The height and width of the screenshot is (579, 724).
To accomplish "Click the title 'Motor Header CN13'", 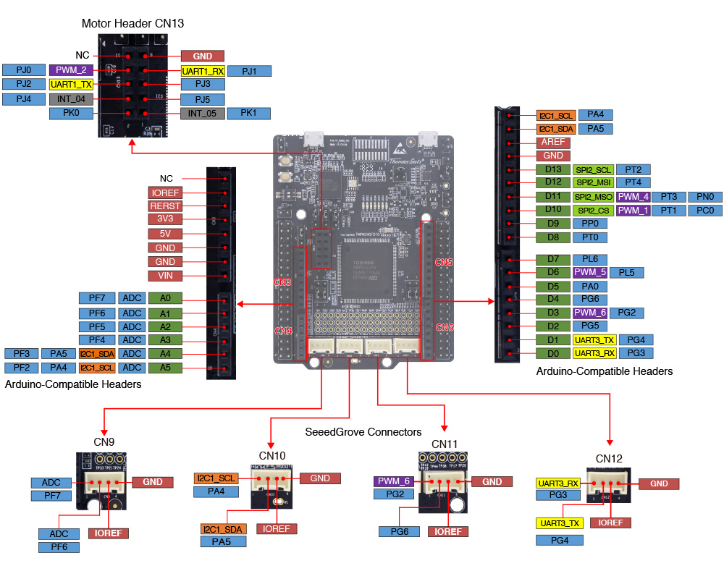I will point(132,23).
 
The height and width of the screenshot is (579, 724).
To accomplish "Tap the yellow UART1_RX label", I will point(203,71).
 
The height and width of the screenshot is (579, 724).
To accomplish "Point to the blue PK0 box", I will point(71,114).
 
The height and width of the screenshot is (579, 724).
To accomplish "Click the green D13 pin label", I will point(553,169).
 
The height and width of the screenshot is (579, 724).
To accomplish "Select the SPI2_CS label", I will point(592,210).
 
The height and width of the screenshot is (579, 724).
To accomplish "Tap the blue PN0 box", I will point(704,197).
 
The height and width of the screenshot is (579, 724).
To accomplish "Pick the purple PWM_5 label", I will point(589,272).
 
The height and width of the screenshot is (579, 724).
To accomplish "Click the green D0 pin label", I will point(553,353).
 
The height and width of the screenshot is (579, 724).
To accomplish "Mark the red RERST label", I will point(166,206).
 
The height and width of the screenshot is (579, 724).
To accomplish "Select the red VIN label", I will point(166,276).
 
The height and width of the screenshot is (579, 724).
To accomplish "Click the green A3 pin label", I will point(165,339).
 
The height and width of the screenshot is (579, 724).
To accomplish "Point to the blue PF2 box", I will point(22,367).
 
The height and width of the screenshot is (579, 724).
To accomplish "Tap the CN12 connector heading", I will point(610,459).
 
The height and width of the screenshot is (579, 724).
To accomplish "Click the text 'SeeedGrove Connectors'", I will point(363,432).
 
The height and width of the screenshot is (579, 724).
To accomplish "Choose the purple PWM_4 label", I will point(632,197).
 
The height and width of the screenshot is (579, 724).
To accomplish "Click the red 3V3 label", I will point(166,219).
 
